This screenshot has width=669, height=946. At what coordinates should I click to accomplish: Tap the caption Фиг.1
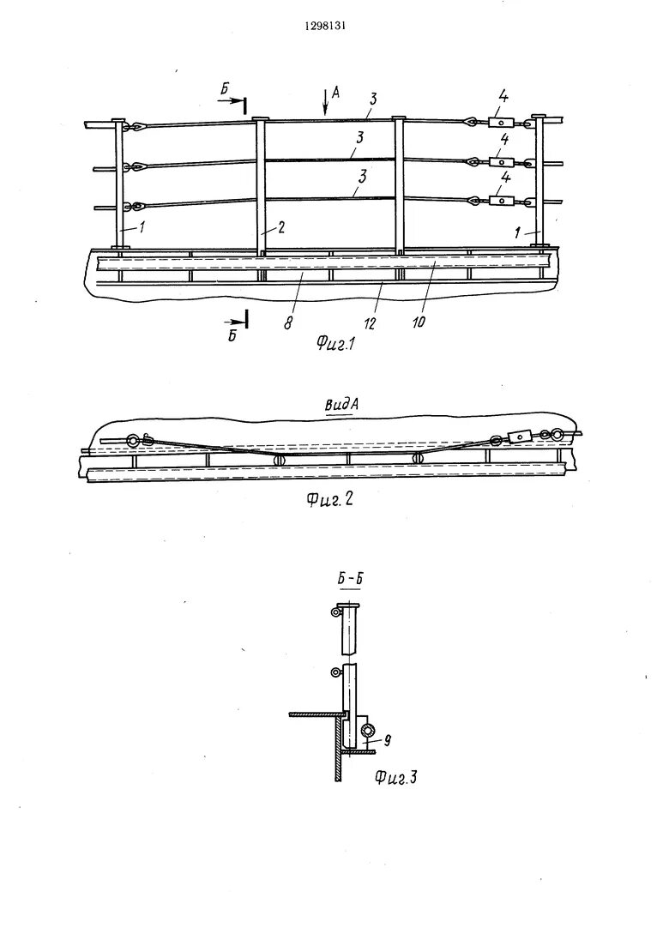[336, 345]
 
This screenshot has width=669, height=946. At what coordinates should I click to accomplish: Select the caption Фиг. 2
[328, 502]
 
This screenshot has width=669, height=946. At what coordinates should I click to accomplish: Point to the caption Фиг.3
[395, 778]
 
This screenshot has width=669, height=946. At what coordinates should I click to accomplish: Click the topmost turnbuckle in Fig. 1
[500, 124]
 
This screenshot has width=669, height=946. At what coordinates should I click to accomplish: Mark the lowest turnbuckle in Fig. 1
[500, 202]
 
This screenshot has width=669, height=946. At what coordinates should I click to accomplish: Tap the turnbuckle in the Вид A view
[518, 437]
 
